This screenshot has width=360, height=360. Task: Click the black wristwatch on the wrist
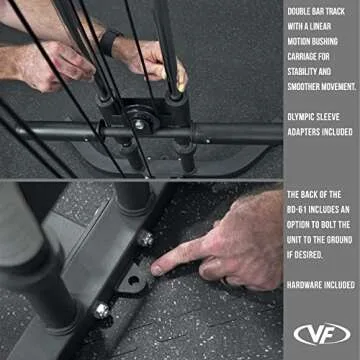pos(107,41)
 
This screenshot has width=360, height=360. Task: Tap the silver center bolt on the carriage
pos(139,125)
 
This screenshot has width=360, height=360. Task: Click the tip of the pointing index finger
pos(159,269)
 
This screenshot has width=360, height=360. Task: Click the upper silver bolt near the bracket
pos(146,239)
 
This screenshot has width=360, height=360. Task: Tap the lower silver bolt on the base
pos(101,311)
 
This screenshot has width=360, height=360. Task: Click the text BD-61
pos(300,208)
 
